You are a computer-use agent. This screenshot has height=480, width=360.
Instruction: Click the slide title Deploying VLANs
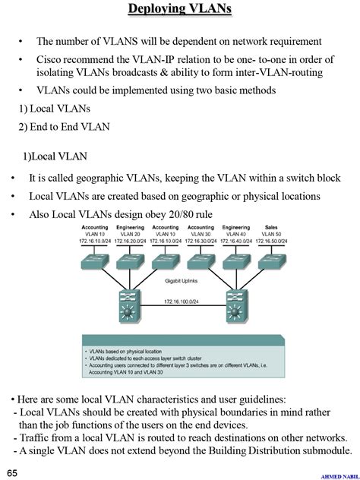click(179, 9)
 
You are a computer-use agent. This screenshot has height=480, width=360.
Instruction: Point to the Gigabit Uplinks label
click(183, 279)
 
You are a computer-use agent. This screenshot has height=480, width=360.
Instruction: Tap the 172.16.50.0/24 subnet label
click(271, 242)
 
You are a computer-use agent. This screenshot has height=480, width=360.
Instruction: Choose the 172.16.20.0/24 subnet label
click(131, 242)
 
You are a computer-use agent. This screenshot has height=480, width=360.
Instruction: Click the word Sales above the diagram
click(271, 227)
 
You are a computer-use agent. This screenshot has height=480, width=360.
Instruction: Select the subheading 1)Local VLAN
click(55, 156)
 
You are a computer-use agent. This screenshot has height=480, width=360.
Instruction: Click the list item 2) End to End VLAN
click(64, 126)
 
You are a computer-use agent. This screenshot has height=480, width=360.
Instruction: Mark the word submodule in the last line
click(326, 450)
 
